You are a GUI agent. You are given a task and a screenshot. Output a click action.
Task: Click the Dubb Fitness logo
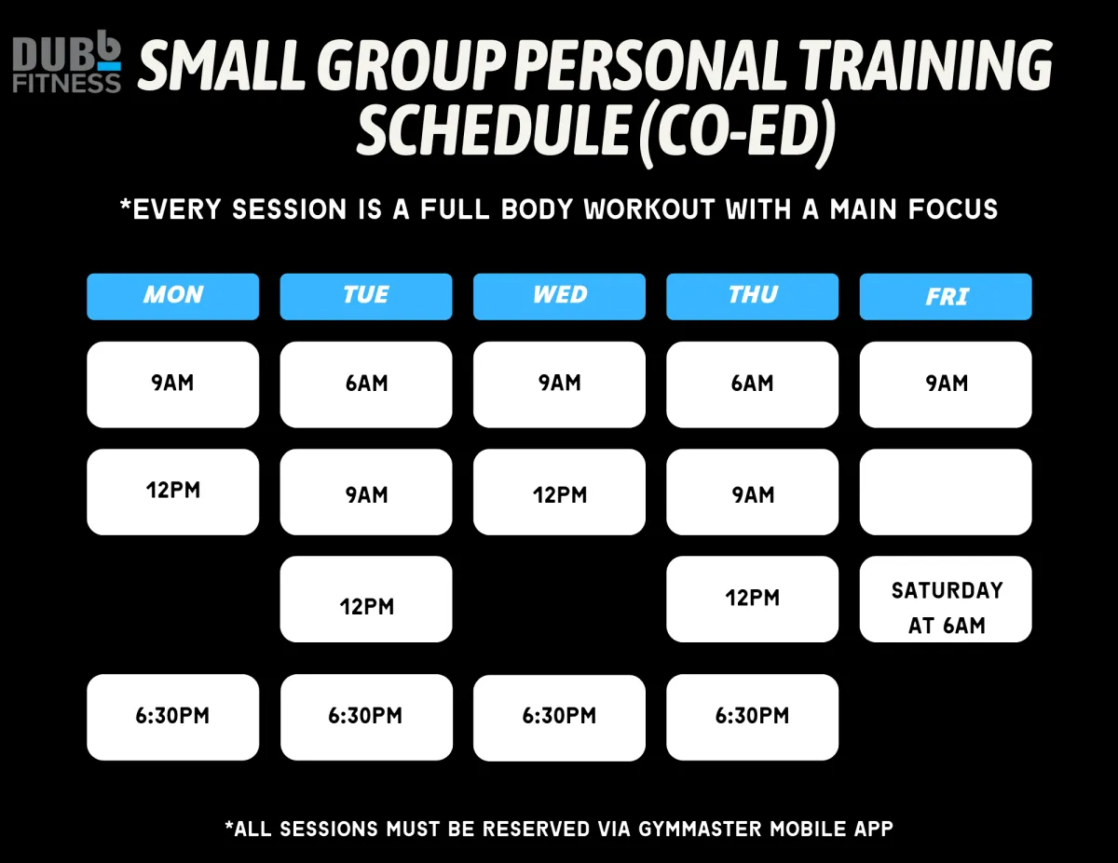(66, 61)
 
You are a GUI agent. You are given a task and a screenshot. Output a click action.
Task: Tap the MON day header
(173, 297)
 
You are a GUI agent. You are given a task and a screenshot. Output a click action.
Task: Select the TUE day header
(366, 297)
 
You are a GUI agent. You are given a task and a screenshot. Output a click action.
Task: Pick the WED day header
(559, 297)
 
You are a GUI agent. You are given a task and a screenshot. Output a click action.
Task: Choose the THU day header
(752, 297)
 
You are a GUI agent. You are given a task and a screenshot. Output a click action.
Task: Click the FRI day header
(946, 297)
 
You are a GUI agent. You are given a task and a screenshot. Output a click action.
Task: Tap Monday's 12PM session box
(173, 492)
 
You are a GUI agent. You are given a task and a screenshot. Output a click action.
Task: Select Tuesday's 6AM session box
(366, 384)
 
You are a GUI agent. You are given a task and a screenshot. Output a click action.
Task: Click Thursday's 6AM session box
(752, 384)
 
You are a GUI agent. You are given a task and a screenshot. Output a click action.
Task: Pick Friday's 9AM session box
(946, 384)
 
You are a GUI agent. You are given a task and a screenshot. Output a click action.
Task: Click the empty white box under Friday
(946, 492)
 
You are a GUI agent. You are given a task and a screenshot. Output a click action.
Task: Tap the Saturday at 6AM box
(946, 599)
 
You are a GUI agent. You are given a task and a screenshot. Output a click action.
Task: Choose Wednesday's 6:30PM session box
(559, 718)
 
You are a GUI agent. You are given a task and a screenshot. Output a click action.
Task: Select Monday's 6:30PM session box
(173, 717)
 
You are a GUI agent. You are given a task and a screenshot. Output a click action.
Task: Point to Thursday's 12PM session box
(752, 599)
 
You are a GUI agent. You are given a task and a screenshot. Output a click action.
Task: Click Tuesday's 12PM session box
(366, 599)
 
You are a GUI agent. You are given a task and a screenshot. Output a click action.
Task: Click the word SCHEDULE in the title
(494, 129)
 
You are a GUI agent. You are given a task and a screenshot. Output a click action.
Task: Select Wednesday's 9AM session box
(559, 384)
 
